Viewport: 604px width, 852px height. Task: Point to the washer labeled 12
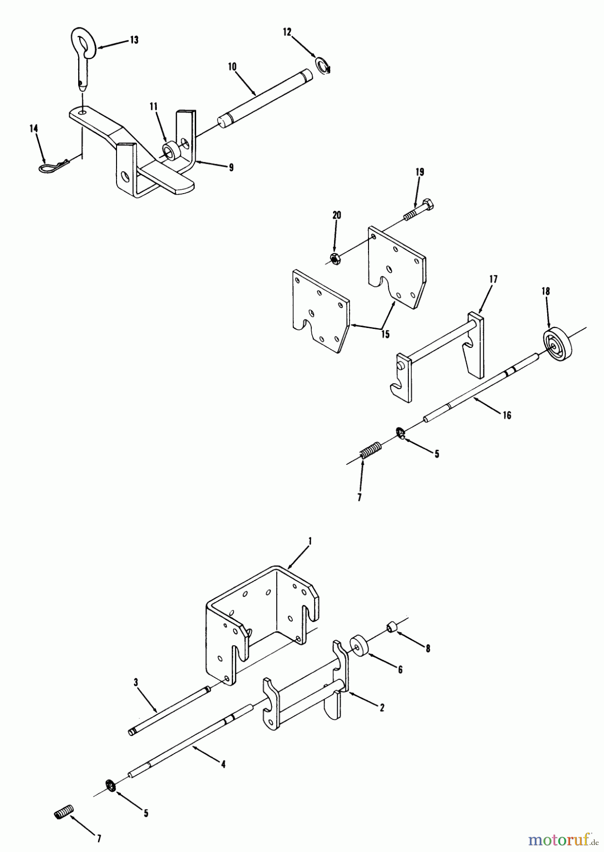(322, 65)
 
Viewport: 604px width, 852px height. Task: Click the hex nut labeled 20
(334, 258)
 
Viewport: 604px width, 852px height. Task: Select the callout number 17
(493, 279)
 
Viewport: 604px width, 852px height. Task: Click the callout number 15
(385, 334)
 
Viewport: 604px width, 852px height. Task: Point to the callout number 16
(507, 415)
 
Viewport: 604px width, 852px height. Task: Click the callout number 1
(310, 540)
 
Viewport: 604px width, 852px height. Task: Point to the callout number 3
(135, 682)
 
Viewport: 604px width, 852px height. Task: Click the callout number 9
(231, 167)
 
